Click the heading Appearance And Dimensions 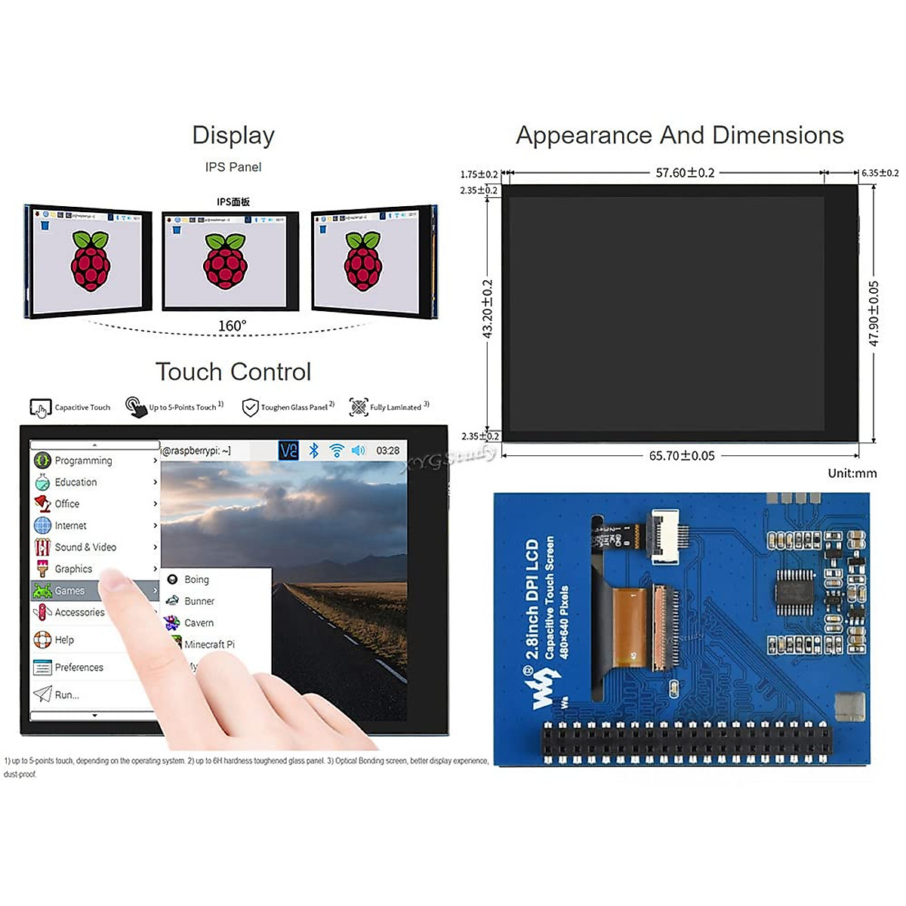click(x=679, y=135)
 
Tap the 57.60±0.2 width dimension click(x=685, y=173)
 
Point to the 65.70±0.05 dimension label click(x=682, y=456)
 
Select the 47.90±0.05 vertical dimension click(x=874, y=313)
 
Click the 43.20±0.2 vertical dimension click(x=488, y=309)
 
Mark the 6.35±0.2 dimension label click(x=880, y=173)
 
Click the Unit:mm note click(x=852, y=473)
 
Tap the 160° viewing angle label click(x=232, y=325)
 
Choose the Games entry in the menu click(x=69, y=590)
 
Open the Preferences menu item click(x=79, y=667)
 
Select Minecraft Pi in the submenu click(x=209, y=645)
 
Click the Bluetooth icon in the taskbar click(x=314, y=451)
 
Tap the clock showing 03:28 click(x=388, y=451)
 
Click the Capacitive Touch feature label click(x=82, y=408)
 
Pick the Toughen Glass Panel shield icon click(x=250, y=408)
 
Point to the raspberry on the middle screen click(x=225, y=262)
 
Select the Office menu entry click(x=66, y=504)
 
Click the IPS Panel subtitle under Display click(x=233, y=167)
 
